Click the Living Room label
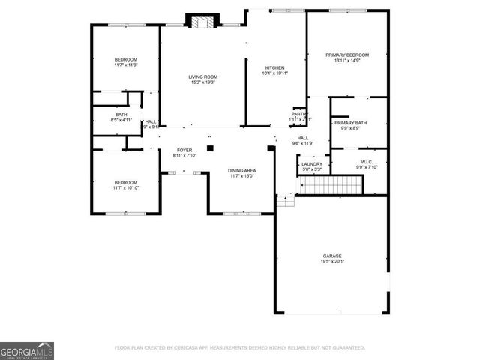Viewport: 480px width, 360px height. [202, 77]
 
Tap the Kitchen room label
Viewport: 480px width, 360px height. [274, 68]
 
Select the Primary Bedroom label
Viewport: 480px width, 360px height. [347, 55]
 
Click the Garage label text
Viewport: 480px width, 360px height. [332, 256]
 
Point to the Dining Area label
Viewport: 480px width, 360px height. [241, 170]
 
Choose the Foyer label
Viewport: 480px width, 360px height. [184, 150]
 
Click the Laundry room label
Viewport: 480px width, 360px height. [312, 164]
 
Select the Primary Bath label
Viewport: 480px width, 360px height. [350, 123]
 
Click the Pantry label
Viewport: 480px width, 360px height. [300, 114]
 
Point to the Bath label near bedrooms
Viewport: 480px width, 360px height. [121, 115]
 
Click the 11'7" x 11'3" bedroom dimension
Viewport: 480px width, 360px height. [125, 65]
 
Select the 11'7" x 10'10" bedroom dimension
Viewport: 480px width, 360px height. [125, 188]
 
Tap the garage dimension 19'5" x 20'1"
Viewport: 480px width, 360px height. [332, 262]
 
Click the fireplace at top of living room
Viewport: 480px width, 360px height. [201, 22]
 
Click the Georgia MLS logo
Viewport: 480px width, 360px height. [27, 350]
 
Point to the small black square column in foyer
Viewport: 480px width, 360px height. [211, 148]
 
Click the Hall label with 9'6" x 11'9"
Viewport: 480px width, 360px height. [303, 138]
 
